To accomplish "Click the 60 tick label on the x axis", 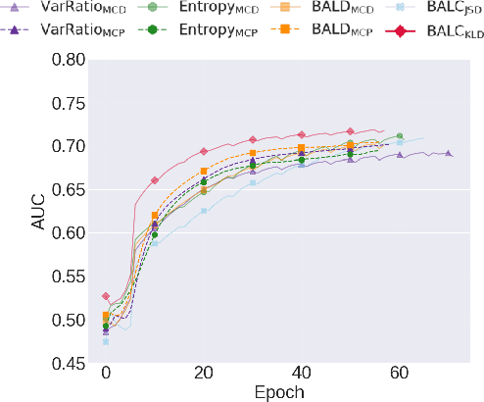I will (x=400, y=374).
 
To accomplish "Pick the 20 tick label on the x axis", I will (x=204, y=374).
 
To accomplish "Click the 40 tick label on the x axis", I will (x=302, y=374).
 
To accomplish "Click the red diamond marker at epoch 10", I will (x=155, y=180).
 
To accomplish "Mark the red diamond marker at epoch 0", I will (x=106, y=296).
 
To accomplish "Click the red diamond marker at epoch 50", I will (x=351, y=131).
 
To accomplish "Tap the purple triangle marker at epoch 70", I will (x=449, y=153).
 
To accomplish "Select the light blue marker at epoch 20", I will (x=204, y=211).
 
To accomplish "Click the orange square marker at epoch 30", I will (x=253, y=153).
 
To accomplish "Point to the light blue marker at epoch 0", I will (x=106, y=341).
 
